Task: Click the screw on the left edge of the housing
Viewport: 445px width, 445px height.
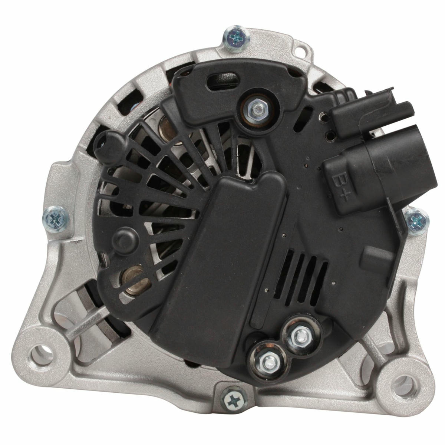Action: tap(56, 219)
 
